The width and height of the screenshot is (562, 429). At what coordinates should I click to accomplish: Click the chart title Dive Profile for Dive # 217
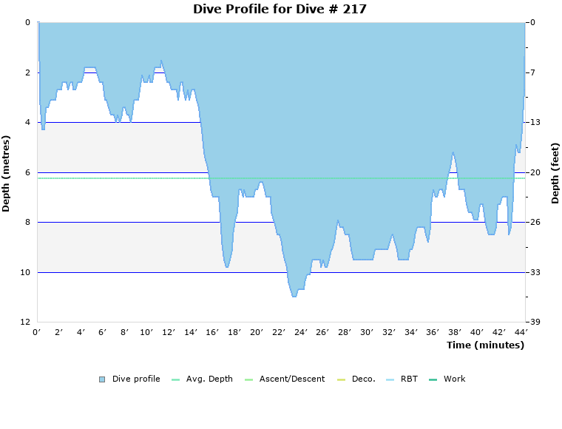[x=280, y=9]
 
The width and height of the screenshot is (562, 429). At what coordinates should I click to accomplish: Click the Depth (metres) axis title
[x=7, y=173]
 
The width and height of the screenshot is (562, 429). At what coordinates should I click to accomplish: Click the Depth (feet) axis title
[x=555, y=173]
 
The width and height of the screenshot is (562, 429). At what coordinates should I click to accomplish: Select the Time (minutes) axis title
[x=485, y=345]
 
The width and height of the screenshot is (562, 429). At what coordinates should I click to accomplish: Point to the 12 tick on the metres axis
[x=26, y=322]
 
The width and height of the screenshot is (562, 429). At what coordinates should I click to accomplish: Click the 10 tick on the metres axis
[x=26, y=272]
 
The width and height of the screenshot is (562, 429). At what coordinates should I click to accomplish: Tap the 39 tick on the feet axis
[x=535, y=322]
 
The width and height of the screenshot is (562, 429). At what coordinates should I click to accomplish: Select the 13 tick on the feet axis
[x=535, y=122]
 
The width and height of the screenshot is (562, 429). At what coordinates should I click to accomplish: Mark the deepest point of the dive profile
[x=294, y=296]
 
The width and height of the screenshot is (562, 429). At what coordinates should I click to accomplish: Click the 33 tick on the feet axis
[x=535, y=272]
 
